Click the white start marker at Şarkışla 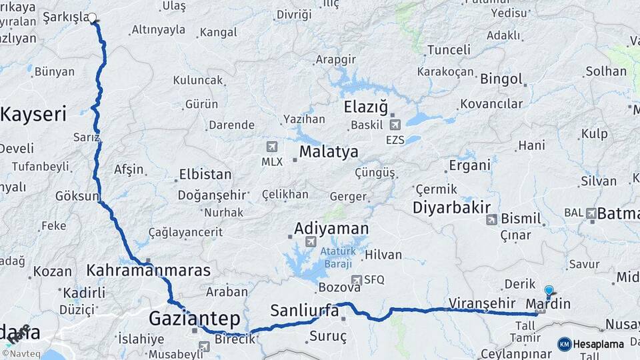tap(92, 18)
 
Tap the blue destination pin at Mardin tap(549, 291)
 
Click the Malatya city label tap(328, 152)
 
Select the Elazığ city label tap(365, 107)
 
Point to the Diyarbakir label tap(452, 207)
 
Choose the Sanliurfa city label tap(304, 310)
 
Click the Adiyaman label tap(331, 229)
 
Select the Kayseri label tap(33, 114)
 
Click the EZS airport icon tap(395, 124)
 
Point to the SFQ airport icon tap(357, 281)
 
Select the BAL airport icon tap(591, 213)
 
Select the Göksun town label tap(77, 196)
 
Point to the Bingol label tap(501, 79)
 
